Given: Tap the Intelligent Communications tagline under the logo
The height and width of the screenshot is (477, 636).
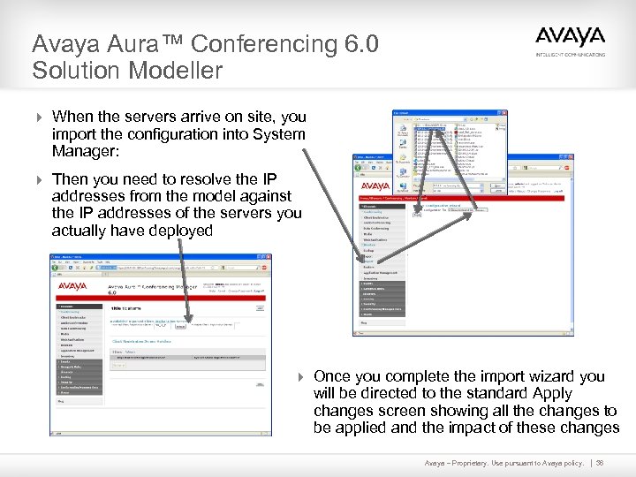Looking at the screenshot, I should (x=571, y=55).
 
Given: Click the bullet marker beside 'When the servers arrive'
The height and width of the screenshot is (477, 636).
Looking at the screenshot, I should (x=37, y=117).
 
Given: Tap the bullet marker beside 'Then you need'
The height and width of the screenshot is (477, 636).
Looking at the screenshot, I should (x=37, y=178).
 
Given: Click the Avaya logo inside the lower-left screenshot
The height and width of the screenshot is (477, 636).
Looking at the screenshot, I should (x=78, y=286).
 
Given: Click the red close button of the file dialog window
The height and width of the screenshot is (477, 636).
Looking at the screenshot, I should (x=504, y=113).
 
